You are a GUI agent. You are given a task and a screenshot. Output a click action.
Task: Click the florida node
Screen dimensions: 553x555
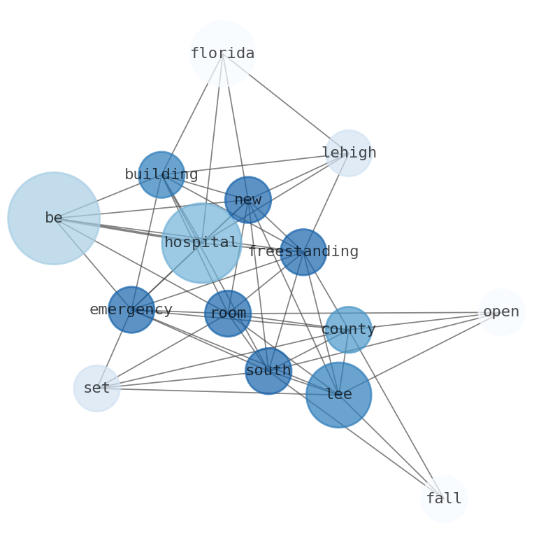pos(222,53)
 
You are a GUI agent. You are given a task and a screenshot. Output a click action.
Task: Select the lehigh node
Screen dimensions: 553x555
pos(348,153)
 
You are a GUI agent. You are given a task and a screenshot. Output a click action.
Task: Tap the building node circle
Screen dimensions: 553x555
pos(161,174)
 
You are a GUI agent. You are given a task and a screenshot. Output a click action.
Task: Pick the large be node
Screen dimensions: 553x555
pos(54,218)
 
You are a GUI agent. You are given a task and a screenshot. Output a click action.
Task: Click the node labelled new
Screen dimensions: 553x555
pos(248,199)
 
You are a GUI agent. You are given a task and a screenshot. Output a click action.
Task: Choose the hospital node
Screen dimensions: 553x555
pos(201,243)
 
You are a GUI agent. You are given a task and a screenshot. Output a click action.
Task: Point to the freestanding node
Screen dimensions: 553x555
pos(303,252)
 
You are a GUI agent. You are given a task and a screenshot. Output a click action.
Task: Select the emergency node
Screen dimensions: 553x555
pos(131,309)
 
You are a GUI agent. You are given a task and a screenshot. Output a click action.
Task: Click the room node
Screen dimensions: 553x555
pos(228,314)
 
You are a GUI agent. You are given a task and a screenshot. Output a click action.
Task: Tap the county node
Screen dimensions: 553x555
pos(348,330)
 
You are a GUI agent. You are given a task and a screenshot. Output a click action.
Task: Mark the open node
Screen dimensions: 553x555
pos(501,312)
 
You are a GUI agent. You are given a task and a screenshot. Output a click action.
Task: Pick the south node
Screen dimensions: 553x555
pos(268,371)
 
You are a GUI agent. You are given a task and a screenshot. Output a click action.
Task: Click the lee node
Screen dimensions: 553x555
pos(338,395)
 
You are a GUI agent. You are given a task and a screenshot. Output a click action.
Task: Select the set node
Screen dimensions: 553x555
pos(96,388)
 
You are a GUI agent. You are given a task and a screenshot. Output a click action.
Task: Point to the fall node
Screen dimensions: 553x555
pos(444,498)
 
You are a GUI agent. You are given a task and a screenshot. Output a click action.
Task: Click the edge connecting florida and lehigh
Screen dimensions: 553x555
pos(285,103)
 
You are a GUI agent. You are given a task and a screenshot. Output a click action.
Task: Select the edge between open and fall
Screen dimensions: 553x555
pos(473,405)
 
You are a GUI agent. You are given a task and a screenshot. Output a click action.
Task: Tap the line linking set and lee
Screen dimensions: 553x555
pos(210,391)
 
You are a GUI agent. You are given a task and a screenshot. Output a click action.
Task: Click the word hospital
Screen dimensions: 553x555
pos(201,243)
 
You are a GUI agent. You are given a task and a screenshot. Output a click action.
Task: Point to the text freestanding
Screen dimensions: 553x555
pos(303,252)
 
